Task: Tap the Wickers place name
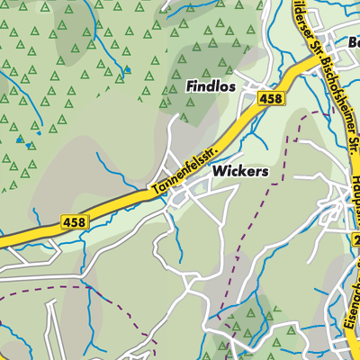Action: [x=240, y=169]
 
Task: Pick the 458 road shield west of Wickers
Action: [x=75, y=221]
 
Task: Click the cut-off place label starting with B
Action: [x=354, y=42]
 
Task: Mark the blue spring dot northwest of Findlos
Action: [x=127, y=68]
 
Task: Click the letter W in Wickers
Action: [x=219, y=169]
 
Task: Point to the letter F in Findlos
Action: [x=190, y=86]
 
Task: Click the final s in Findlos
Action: [x=232, y=86]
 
